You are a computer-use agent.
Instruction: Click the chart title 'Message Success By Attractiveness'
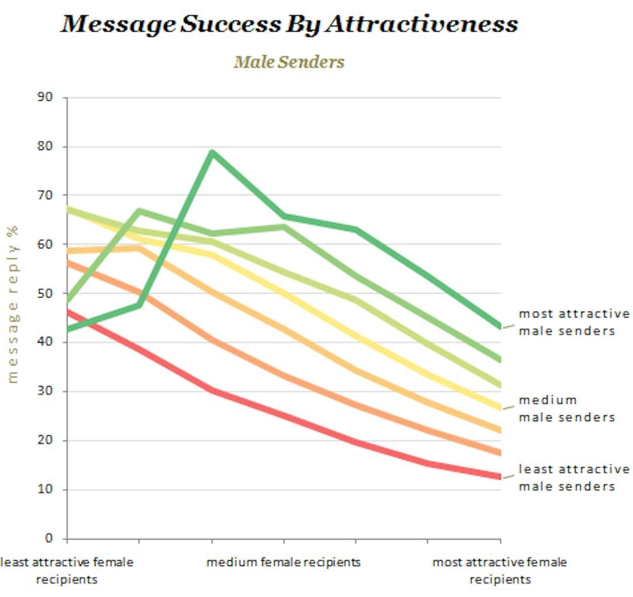[290, 23]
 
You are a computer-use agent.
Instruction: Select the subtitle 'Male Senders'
[289, 62]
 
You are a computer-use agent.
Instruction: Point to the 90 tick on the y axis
[47, 97]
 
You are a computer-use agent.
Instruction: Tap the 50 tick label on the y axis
[47, 293]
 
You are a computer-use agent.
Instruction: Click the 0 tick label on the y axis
[49, 538]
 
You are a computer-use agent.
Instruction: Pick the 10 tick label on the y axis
[47, 489]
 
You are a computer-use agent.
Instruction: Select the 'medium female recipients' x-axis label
[283, 562]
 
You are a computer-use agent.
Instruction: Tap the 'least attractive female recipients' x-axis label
[66, 571]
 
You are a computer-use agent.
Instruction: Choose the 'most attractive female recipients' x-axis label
[499, 571]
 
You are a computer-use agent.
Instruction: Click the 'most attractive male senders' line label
[574, 322]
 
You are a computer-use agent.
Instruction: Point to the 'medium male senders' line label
[566, 409]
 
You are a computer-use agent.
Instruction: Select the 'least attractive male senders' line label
[574, 478]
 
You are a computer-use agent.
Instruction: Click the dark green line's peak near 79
[212, 153]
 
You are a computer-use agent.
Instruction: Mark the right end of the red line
[500, 477]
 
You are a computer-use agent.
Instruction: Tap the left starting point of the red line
[67, 312]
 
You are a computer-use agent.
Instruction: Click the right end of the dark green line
[500, 326]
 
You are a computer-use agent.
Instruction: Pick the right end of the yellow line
[500, 407]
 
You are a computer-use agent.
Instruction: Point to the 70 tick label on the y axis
[47, 195]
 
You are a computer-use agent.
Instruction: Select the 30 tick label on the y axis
[47, 391]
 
